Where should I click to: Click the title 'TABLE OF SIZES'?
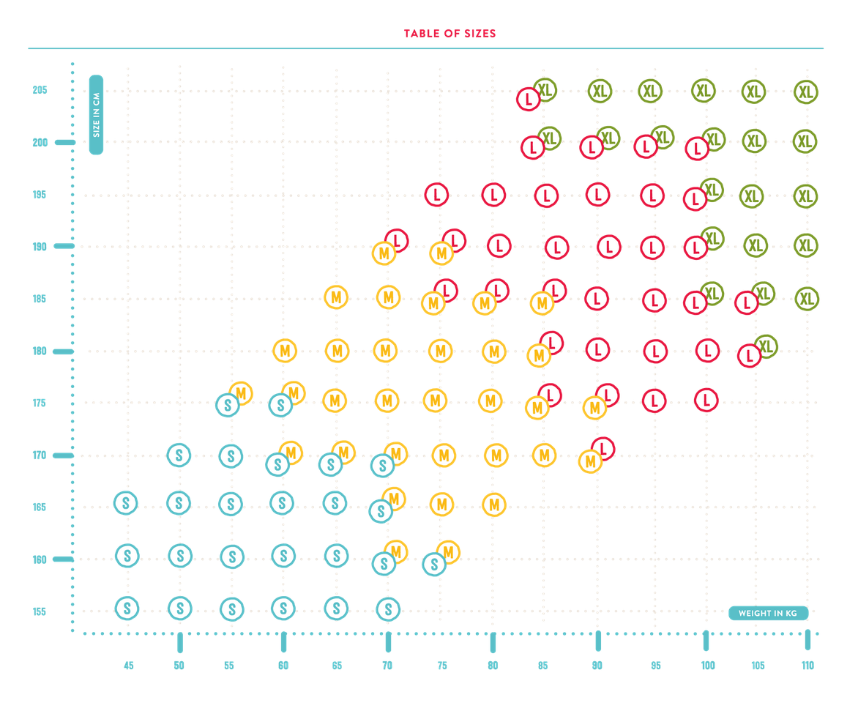[x=449, y=34]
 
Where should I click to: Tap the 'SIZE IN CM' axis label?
[x=96, y=115]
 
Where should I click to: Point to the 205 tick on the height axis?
[x=40, y=91]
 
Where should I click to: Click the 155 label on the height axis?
[x=40, y=612]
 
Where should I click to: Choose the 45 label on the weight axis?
[x=129, y=666]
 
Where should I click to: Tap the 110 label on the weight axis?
[x=807, y=666]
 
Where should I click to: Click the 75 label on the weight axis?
[x=442, y=666]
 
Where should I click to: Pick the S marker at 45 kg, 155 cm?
[x=127, y=608]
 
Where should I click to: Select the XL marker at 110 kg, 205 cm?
[x=806, y=92]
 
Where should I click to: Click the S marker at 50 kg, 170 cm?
[x=179, y=455]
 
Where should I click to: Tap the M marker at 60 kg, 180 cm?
[x=285, y=351]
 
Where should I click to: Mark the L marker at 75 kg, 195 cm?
[x=437, y=195]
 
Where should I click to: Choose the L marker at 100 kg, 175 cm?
[x=706, y=401]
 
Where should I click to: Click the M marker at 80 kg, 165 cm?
[x=494, y=505]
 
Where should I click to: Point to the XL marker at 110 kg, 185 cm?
[x=807, y=299]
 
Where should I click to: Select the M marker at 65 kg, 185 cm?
[x=336, y=297]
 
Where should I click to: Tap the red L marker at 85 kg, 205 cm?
[x=528, y=99]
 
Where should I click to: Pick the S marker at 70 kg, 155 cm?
[x=388, y=609]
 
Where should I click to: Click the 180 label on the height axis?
[x=40, y=351]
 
